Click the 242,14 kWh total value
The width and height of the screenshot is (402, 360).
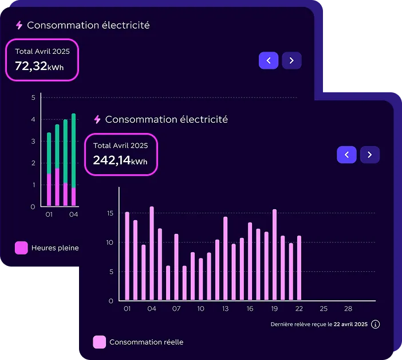120,161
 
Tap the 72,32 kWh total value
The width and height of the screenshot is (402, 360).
39,66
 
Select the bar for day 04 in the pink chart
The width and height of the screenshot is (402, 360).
152,253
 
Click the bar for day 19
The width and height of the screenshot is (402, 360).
274,255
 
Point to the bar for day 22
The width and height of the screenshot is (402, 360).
299,268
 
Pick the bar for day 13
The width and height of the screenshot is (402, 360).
226,259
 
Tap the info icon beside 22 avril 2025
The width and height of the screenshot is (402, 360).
375,324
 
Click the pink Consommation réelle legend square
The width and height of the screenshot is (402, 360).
100,342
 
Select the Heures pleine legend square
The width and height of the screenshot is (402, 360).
21,248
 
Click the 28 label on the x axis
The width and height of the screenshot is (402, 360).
348,308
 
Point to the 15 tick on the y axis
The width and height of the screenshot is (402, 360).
110,213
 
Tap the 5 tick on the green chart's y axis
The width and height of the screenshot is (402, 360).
33,97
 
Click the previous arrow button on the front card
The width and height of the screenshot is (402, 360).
346,155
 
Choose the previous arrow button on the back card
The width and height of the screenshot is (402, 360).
269,61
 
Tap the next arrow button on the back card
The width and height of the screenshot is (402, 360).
291,61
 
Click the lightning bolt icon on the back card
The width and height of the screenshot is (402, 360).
19,25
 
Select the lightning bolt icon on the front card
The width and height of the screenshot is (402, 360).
97,119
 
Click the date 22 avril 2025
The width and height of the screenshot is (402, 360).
350,324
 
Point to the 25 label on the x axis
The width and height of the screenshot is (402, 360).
324,308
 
